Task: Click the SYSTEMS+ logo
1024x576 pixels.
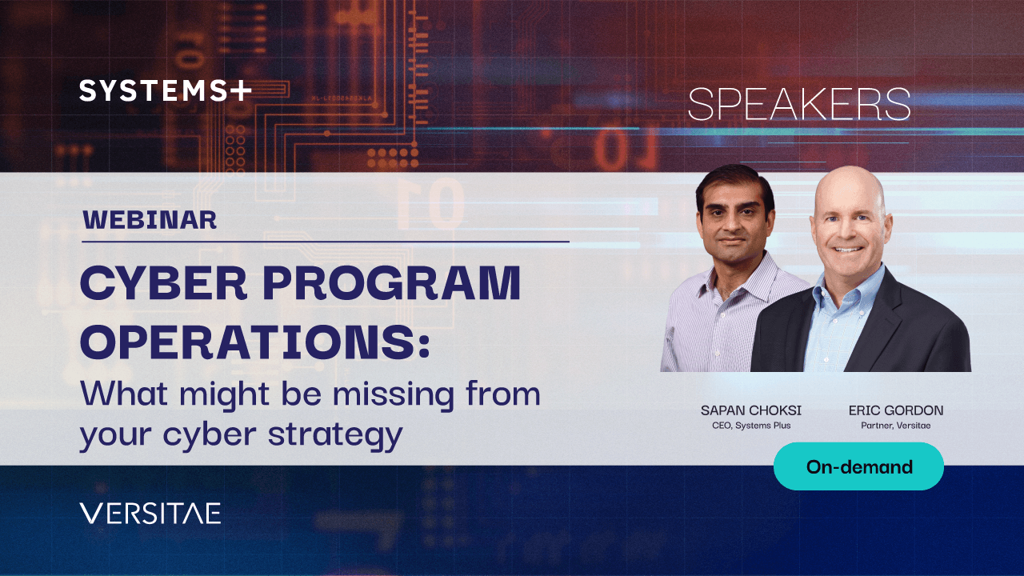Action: click(x=166, y=90)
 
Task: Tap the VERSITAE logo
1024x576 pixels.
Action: click(x=150, y=513)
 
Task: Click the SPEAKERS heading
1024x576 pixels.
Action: click(x=799, y=105)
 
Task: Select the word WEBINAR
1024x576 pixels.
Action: click(x=150, y=220)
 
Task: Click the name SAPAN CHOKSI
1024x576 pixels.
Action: click(x=751, y=410)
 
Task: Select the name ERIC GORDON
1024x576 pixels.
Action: click(x=896, y=410)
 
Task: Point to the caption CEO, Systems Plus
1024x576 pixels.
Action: click(x=751, y=426)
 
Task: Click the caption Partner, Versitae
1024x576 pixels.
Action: click(x=895, y=426)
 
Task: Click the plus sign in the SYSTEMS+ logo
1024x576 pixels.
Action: click(x=241, y=90)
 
